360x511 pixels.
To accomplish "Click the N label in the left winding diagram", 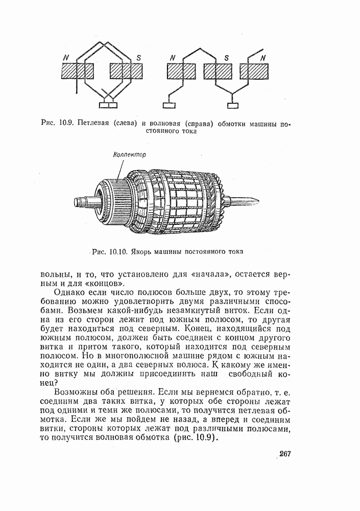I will pos(65,57).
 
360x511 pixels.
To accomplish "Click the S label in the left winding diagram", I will pos(138,57).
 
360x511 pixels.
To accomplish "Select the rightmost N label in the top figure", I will pos(262,58).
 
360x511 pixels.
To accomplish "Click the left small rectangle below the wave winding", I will pos(169,105).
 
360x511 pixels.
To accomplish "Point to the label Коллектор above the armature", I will pos(129,155).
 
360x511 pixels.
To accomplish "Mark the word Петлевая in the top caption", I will pos(96,123).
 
